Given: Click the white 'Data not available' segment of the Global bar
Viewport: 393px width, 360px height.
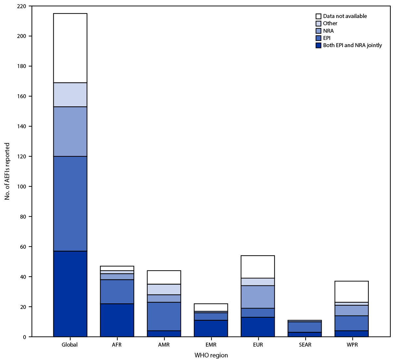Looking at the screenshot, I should coord(70,48).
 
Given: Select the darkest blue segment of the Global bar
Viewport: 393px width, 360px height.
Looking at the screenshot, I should coord(70,294).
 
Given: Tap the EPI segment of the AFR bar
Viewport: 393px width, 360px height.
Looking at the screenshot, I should coord(117,292).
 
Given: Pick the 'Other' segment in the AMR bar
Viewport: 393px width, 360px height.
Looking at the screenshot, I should coord(164,289).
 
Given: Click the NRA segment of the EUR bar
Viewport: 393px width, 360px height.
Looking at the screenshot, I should coord(258,297).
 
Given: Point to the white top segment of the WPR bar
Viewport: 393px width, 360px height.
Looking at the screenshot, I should coord(352,292).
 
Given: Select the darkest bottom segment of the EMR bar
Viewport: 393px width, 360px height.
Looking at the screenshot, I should coord(211,328).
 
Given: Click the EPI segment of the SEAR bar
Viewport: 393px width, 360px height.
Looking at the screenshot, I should coord(305,327).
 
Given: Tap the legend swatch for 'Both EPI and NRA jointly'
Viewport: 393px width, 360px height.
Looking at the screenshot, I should coord(318,45).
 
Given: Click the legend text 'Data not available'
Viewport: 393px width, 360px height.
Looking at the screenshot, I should coord(345,16).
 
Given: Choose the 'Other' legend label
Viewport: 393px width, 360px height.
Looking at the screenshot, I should coord(330,24).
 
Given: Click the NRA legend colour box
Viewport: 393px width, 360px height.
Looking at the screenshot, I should coord(318,31).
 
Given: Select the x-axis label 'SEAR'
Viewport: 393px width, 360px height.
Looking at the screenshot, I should coord(305,345).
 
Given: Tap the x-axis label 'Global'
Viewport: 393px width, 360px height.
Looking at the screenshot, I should coord(70,345).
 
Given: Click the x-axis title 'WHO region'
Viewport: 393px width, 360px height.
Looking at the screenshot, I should coord(211,355).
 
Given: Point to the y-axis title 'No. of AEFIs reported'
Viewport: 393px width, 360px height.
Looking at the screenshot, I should coord(7,171).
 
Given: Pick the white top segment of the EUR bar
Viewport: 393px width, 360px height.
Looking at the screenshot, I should coord(258,267).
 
